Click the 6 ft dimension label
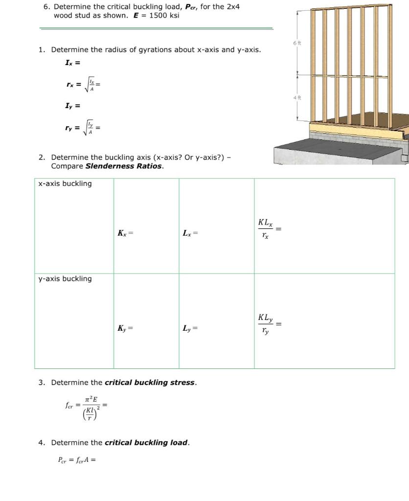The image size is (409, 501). coord(297,44)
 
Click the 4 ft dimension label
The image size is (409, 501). coord(297,98)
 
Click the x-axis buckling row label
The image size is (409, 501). coord(65,183)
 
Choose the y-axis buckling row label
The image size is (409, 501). coord(65,278)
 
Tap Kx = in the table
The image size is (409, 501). coord(125,233)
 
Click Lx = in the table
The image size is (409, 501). coord(190,233)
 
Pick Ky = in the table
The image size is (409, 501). coord(125,328)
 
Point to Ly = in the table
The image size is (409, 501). coord(190,328)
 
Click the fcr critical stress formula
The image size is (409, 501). coord(86,406)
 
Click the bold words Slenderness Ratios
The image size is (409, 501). coord(124,166)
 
